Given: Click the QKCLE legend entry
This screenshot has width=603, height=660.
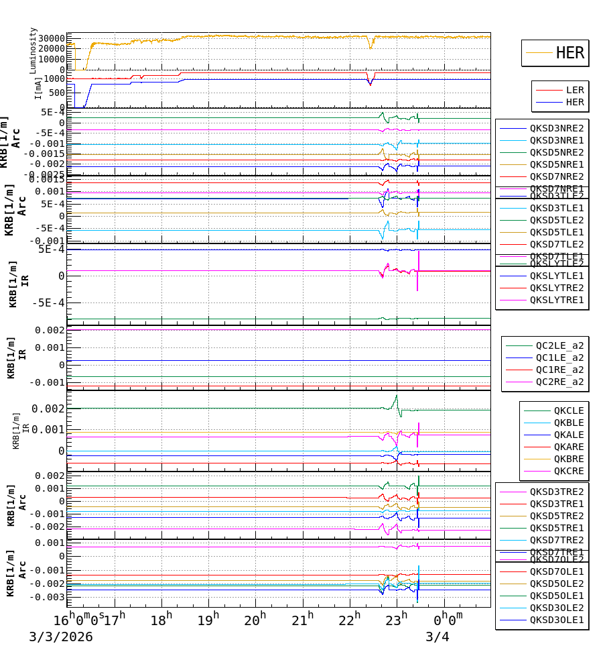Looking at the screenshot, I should point(568,410).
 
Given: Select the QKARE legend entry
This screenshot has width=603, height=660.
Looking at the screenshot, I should point(568,447).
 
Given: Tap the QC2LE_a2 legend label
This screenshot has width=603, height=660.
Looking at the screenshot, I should point(559,345).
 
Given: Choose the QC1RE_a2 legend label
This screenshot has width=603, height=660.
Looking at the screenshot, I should point(559,370).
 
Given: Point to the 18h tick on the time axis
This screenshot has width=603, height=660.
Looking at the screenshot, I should point(161,620).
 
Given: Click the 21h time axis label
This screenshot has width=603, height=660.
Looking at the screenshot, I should point(302,620).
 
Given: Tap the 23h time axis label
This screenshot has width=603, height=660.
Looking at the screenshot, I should point(397,620).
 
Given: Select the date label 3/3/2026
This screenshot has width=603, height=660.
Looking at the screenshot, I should point(60,637).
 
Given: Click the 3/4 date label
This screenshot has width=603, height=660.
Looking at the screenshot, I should point(438,637).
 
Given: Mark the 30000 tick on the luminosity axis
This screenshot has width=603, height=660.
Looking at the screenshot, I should point(50,38).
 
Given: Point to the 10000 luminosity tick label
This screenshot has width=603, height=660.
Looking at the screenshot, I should point(50,59).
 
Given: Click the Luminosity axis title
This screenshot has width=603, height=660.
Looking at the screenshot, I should point(33,50).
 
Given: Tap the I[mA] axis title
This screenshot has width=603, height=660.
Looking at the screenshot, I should point(39,88).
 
